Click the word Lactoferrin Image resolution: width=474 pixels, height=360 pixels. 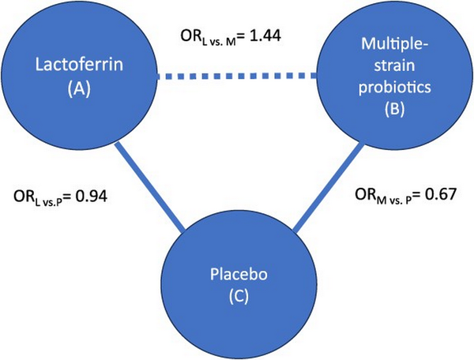[79, 65]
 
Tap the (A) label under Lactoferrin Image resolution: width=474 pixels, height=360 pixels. [79, 89]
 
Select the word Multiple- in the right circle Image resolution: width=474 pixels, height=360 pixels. [394, 44]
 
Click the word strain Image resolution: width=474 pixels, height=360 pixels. [394, 66]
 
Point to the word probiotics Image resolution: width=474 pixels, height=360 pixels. [394, 87]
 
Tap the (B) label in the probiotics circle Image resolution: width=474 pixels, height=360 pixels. [394, 109]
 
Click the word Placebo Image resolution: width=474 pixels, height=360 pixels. [239, 274]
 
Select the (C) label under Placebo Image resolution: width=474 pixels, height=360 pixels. [239, 297]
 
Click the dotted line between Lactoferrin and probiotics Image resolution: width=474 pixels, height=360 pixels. [236, 76]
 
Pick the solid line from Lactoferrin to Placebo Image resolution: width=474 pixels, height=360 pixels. [150, 186]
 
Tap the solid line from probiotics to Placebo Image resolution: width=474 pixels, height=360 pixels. [329, 189]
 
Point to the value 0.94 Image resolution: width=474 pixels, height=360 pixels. [91, 197]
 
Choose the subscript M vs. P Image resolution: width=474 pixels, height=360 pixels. [394, 201]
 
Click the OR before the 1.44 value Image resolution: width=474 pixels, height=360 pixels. [190, 36]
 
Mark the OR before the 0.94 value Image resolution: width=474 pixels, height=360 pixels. [24, 197]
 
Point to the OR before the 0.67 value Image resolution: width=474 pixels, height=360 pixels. [366, 194]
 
